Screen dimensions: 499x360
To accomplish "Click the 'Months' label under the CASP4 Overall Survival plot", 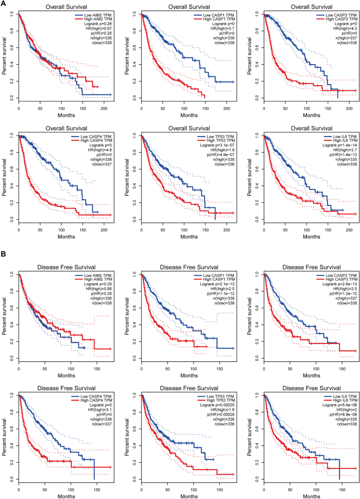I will (x=66, y=232).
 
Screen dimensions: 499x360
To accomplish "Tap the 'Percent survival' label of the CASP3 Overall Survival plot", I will (x=249, y=55).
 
